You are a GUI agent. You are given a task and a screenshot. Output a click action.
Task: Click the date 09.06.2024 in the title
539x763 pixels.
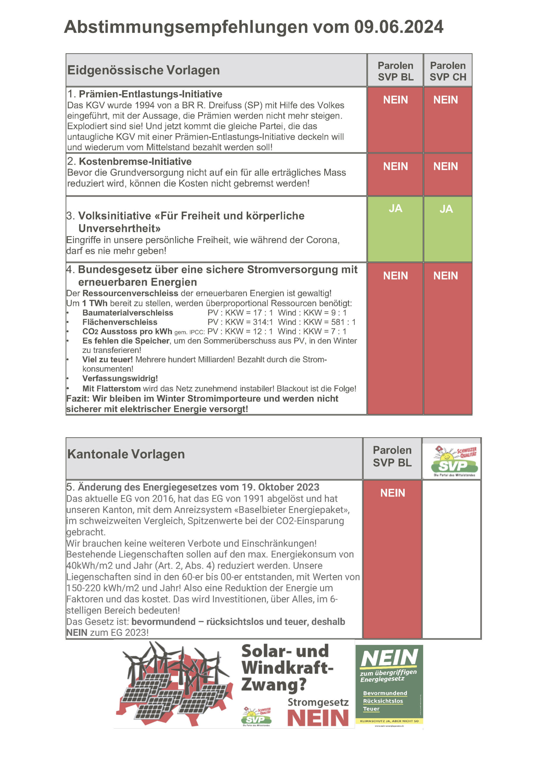[398, 27]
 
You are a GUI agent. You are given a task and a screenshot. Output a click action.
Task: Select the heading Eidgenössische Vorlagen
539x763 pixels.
[143, 70]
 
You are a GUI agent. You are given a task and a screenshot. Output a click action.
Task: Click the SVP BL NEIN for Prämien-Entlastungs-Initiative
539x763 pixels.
[395, 100]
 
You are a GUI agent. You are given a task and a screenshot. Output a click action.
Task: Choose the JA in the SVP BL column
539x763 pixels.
[395, 208]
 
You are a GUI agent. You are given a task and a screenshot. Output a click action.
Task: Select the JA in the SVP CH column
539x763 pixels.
[446, 209]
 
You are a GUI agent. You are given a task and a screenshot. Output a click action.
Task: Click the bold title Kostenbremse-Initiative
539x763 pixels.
[135, 162]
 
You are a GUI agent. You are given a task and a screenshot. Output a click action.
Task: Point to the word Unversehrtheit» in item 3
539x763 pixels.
[119, 228]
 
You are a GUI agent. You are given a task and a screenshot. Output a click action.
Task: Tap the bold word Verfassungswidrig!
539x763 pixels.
[120, 378]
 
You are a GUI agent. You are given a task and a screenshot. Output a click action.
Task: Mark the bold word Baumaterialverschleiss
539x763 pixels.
[128, 313]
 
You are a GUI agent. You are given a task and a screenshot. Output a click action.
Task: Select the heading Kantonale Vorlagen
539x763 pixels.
[126, 454]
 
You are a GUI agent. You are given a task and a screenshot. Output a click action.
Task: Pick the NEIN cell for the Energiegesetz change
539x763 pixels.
[392, 493]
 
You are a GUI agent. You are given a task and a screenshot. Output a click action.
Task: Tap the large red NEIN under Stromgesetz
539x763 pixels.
[318, 718]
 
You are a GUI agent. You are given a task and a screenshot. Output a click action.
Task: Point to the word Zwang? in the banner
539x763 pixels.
[274, 684]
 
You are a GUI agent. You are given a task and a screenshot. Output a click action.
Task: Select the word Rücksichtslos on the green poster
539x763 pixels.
[383, 701]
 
